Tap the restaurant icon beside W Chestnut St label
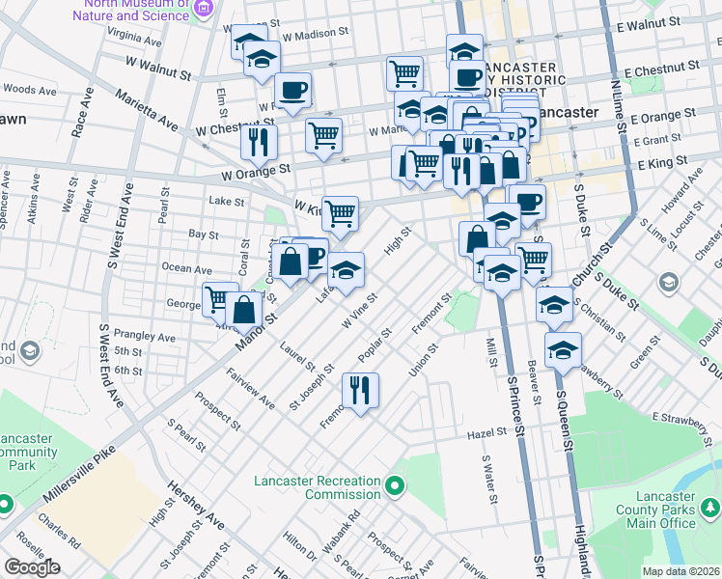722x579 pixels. point(259,142)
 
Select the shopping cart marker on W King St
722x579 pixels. point(340,213)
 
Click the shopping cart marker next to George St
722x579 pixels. point(220,299)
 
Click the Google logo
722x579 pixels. point(32,567)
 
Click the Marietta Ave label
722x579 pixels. point(146,111)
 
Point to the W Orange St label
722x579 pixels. point(256,172)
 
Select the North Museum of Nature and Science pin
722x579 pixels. point(203,9)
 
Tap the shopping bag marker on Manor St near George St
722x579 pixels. point(245,311)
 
